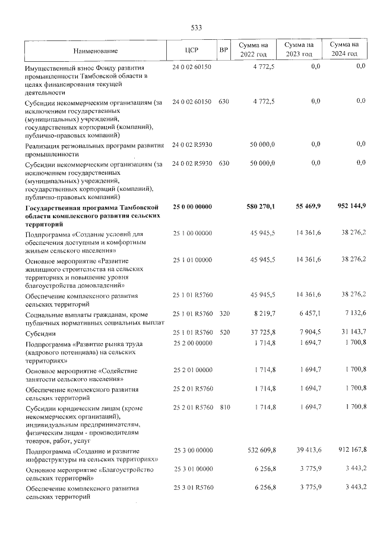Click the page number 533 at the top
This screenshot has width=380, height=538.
click(196, 28)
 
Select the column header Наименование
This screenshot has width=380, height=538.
click(96, 50)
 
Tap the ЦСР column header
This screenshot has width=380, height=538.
click(191, 50)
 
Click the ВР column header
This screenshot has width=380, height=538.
click(223, 50)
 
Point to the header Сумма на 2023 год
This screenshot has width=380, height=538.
click(299, 49)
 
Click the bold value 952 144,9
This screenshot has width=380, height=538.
click(347, 206)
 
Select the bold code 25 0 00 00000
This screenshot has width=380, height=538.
click(192, 207)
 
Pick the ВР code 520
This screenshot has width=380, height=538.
click(224, 332)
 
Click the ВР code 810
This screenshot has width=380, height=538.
click(224, 407)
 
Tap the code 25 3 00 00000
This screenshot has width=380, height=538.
click(192, 452)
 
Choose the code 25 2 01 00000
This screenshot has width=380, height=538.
click(192, 370)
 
